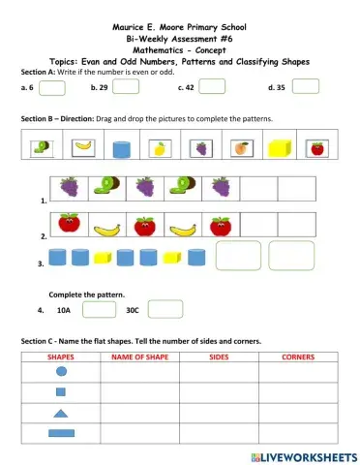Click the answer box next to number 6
53,87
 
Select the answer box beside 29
125,87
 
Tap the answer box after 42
211,87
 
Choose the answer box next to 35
305,87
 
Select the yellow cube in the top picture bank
279,148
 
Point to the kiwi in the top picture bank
40,148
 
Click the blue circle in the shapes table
61,371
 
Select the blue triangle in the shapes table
61,413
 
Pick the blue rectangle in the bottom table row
61,433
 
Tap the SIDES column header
218,356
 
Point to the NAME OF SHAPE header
140,356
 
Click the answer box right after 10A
98,310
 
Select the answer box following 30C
165,310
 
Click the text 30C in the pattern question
133,311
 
